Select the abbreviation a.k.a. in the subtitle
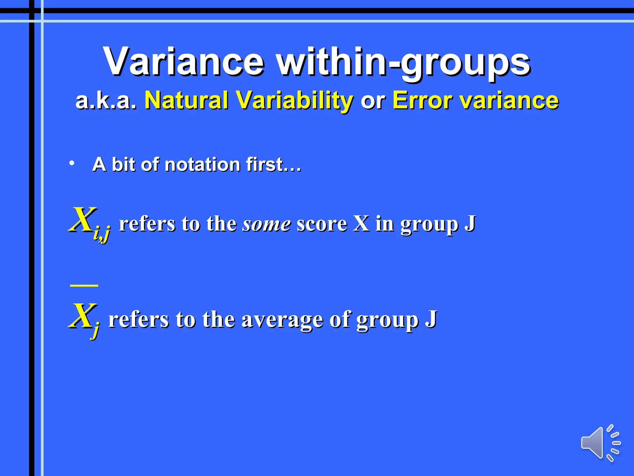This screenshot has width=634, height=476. (106, 101)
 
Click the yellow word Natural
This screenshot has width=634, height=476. (187, 100)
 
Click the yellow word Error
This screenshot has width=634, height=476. (422, 100)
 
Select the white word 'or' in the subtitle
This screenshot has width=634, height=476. (373, 101)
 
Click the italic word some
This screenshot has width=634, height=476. (267, 224)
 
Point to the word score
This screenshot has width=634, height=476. (322, 224)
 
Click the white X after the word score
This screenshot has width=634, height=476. (362, 223)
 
